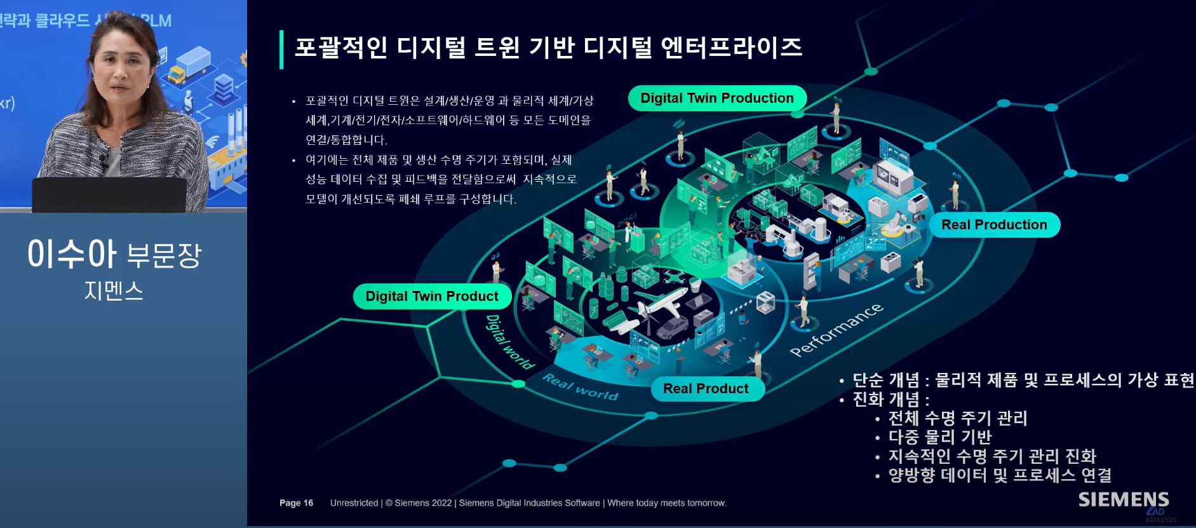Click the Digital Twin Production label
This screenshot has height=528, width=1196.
tap(717, 98)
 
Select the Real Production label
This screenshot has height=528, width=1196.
tap(994, 225)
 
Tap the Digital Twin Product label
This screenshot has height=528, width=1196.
tap(432, 297)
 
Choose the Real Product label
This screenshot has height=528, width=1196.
tap(706, 389)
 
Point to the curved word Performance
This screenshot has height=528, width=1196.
tap(836, 330)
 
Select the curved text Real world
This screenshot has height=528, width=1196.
tap(580, 387)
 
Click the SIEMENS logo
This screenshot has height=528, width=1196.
tap(1123, 499)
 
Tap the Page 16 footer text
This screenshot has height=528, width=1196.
tap(296, 503)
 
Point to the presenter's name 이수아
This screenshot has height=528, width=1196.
tap(72, 254)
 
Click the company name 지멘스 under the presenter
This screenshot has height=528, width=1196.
tap(114, 291)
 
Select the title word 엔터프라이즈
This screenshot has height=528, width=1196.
tap(731, 47)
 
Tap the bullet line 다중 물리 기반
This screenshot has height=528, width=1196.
tap(939, 437)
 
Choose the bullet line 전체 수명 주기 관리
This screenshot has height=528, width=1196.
tap(957, 418)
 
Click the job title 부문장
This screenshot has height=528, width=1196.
tap(164, 255)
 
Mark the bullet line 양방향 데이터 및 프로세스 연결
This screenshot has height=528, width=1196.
tap(999, 475)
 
